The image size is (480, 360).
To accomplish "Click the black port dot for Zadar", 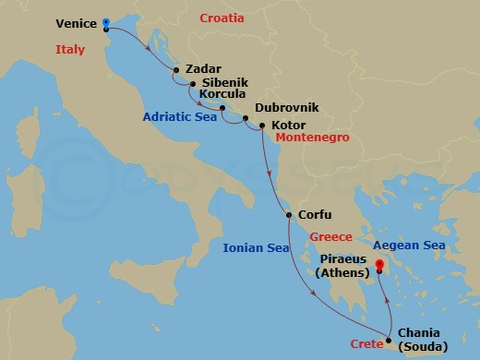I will [x=177, y=68].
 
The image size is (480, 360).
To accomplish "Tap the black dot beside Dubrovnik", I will [x=245, y=118].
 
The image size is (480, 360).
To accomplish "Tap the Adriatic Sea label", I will [x=179, y=117].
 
